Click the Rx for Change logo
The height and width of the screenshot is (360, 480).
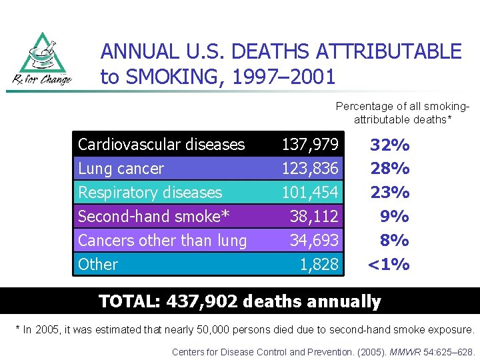pyautogui.click(x=42, y=59)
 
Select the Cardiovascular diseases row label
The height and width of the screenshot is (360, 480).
pyautogui.click(x=161, y=144)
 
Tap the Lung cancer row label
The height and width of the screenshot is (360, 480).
pyautogui.click(x=121, y=169)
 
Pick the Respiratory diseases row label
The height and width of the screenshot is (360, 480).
pyautogui.click(x=150, y=193)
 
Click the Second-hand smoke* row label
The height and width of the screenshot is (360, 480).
pyautogui.click(x=153, y=217)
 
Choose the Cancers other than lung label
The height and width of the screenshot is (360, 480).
pyautogui.click(x=162, y=241)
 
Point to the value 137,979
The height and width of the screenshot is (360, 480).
pyautogui.click(x=310, y=144)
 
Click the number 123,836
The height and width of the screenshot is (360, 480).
pyautogui.click(x=310, y=169)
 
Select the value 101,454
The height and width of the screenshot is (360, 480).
pyautogui.click(x=310, y=193)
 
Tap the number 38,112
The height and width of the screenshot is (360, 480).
pyautogui.click(x=314, y=217)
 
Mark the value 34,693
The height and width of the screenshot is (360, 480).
pyautogui.click(x=314, y=241)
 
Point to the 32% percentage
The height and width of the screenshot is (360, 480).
pyautogui.click(x=390, y=145)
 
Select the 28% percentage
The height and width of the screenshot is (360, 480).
pyautogui.click(x=390, y=169)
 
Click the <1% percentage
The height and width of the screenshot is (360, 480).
pyautogui.click(x=389, y=265)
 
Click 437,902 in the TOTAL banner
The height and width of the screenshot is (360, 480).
pyautogui.click(x=203, y=301)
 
